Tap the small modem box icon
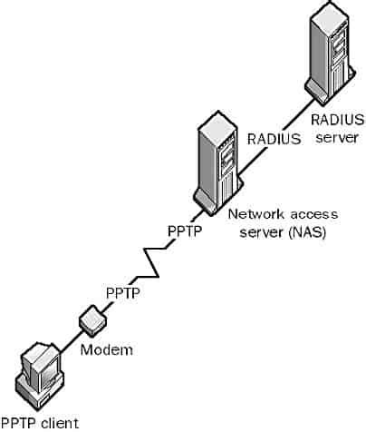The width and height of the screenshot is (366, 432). (x=94, y=319)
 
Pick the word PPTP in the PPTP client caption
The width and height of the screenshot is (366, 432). (x=19, y=422)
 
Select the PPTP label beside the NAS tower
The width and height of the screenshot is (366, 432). (x=184, y=231)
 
